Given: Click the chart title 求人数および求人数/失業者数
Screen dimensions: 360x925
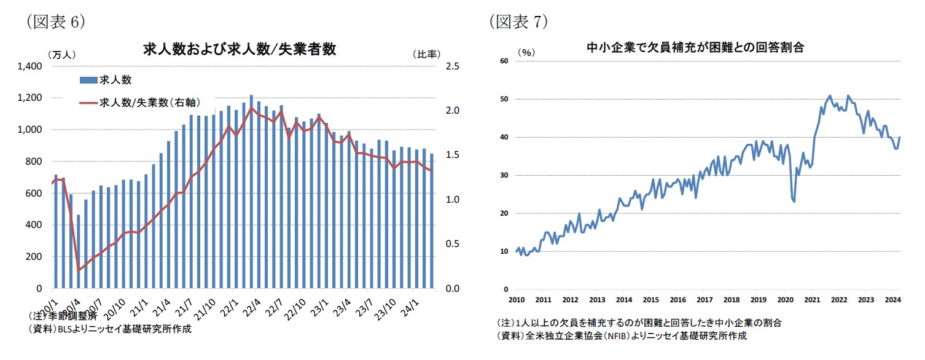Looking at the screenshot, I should (x=240, y=50).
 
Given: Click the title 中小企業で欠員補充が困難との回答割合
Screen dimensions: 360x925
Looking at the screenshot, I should (x=695, y=47).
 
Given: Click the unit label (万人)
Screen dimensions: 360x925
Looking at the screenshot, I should (x=61, y=54).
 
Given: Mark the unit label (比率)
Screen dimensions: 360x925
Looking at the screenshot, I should (x=426, y=54).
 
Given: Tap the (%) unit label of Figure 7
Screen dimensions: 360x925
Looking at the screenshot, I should (x=526, y=52).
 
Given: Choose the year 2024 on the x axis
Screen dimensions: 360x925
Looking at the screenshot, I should (x=892, y=300).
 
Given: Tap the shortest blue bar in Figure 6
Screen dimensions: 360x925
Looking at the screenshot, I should (x=78, y=251).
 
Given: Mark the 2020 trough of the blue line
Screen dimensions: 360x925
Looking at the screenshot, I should (x=794, y=201).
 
